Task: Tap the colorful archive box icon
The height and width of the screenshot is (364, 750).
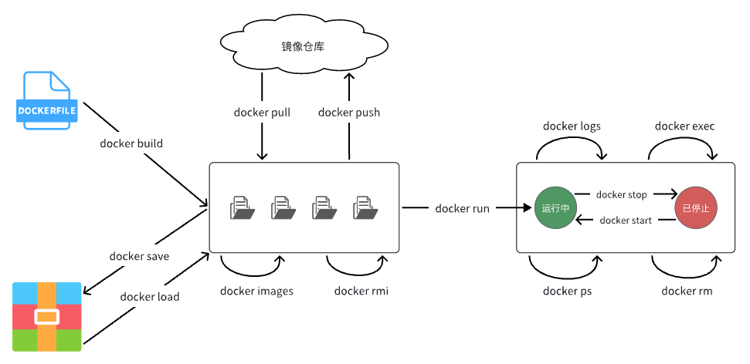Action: coord(47,317)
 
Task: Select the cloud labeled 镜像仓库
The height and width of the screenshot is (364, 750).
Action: coord(304,47)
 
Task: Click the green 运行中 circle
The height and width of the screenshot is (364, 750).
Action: coord(555,208)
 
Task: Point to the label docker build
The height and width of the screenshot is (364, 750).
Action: coord(131,143)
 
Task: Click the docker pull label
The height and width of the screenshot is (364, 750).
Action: coord(262,113)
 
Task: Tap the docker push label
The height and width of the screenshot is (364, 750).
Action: coord(349,113)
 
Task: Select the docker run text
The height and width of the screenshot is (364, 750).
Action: coord(462,208)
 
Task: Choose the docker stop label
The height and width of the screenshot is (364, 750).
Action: coord(622,195)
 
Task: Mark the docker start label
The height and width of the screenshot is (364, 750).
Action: coord(626,221)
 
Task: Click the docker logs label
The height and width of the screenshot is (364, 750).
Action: coord(572,126)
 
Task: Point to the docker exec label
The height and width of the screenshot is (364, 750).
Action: coord(685,126)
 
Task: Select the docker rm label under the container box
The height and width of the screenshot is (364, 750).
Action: coord(687,291)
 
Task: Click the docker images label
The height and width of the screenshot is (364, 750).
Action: coord(256,291)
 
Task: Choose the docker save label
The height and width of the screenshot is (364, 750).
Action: coord(139,256)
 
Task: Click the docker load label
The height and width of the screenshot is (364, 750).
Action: coord(150,296)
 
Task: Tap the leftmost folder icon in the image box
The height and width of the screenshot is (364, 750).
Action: coord(242,208)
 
